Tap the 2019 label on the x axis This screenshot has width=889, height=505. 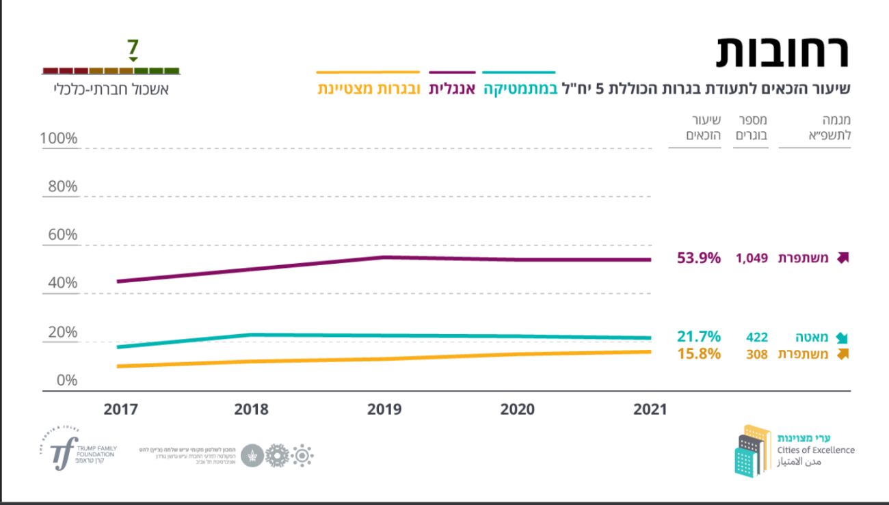point(384,409)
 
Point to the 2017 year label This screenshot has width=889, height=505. point(121,409)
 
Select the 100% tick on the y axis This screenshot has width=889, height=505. point(59,139)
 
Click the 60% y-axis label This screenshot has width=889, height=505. point(62,235)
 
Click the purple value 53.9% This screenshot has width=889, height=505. point(699,258)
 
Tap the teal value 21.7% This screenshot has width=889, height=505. point(699,337)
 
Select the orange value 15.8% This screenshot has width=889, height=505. point(699,354)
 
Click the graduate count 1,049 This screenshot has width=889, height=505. point(752,258)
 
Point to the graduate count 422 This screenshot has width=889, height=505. point(756,338)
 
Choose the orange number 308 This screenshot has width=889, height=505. point(756,355)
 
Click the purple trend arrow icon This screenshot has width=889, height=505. point(842,258)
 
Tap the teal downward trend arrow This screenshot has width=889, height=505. point(842,338)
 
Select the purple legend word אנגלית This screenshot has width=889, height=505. point(452,90)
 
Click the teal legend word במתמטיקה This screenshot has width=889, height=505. point(519,90)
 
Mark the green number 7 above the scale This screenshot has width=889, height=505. point(133,48)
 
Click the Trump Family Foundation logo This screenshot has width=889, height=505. point(77,452)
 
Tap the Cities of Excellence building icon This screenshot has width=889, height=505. point(751,450)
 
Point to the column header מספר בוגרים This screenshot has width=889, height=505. point(751,128)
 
